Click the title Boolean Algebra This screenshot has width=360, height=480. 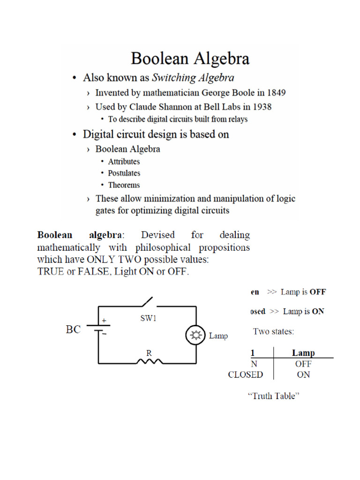pyautogui.click(x=190, y=59)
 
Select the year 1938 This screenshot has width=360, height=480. pyautogui.click(x=261, y=107)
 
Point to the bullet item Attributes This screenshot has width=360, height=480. pyautogui.click(x=124, y=161)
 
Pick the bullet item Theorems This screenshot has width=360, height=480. pyautogui.click(x=124, y=185)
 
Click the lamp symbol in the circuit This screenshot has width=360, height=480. pyautogui.click(x=196, y=335)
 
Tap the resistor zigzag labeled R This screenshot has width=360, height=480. pyautogui.click(x=149, y=362)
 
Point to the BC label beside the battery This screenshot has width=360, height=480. pyautogui.click(x=73, y=330)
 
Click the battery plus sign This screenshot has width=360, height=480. pyautogui.click(x=104, y=321)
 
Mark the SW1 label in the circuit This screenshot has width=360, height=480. pyautogui.click(x=148, y=318)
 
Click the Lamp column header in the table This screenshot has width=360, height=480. pyautogui.click(x=303, y=353)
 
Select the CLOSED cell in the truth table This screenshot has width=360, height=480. pyautogui.click(x=246, y=375)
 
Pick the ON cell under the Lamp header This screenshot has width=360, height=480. pyautogui.click(x=303, y=375)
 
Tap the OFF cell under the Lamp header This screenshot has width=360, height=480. pyautogui.click(x=303, y=364)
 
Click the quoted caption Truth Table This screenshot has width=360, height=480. pyautogui.click(x=273, y=396)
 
